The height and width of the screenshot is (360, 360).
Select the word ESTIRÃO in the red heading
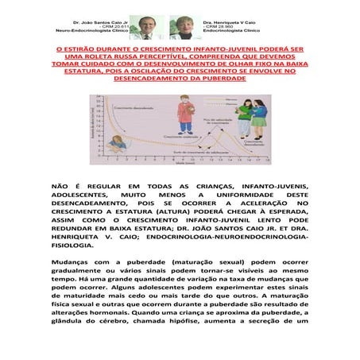(86, 47)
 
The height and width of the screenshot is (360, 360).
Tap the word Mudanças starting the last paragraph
(75, 261)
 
